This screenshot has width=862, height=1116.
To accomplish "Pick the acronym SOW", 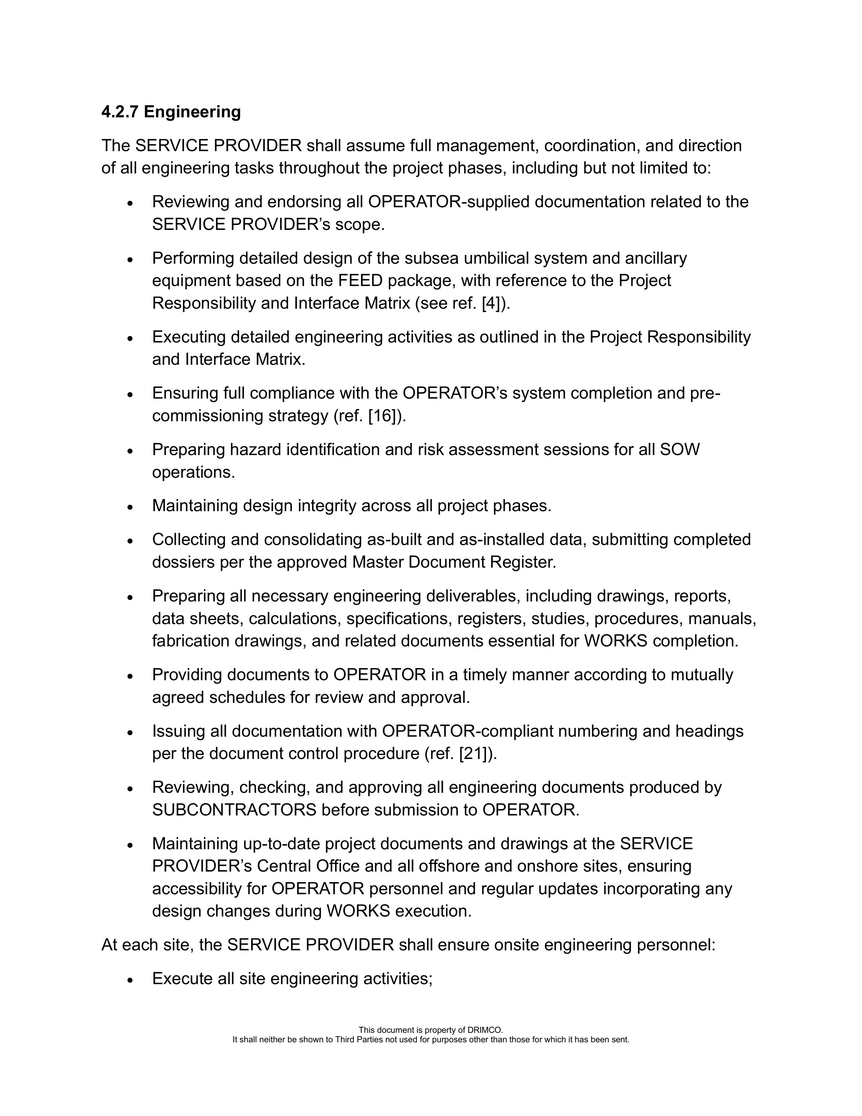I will [679, 449].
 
